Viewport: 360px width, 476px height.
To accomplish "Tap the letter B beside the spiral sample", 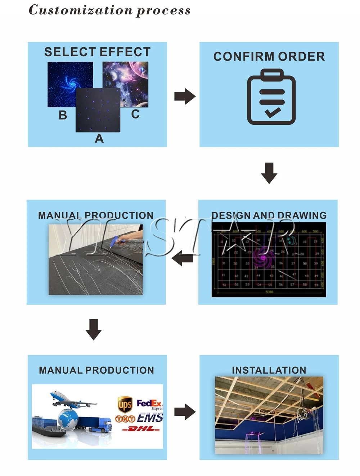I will [63, 115].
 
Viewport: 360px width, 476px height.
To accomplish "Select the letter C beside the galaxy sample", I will [135, 114].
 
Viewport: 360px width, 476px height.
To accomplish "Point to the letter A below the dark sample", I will [99, 139].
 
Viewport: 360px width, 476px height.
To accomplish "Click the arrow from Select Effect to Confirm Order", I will [185, 96].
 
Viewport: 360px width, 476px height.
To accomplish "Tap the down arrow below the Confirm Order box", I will [269, 173].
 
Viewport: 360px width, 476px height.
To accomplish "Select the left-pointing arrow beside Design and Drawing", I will [182, 258].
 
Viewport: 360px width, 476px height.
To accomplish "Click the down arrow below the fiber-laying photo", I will [94, 329].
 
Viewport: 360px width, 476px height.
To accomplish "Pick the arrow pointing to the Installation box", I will [185, 412].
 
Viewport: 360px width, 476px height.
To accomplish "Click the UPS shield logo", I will [125, 404].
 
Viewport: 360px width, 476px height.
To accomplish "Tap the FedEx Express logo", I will [149, 404].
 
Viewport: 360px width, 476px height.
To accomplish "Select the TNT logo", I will [125, 419].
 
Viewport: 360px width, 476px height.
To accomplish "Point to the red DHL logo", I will [141, 429].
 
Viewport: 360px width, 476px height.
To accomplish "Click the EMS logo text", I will [150, 417].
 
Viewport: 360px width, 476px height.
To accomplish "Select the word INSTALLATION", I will [269, 370].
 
